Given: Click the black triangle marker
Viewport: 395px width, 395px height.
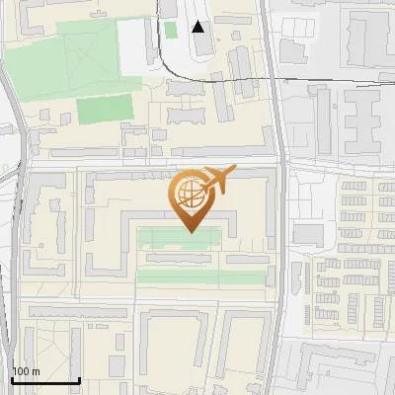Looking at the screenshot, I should point(198,27).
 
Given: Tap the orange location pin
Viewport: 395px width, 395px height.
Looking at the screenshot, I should point(190,202).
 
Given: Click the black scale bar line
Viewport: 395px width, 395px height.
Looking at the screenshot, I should point(44,381).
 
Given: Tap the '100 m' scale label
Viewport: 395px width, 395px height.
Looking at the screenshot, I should point(26,372).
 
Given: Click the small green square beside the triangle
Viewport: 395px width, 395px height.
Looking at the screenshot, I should point(170,30).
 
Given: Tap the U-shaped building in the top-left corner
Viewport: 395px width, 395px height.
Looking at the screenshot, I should point(39,20).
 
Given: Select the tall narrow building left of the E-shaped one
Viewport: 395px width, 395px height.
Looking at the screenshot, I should point(323,118).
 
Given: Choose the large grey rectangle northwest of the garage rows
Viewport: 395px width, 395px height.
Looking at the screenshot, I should point(307,234).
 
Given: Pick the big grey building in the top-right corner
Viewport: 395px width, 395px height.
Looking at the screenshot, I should point(370,35).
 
